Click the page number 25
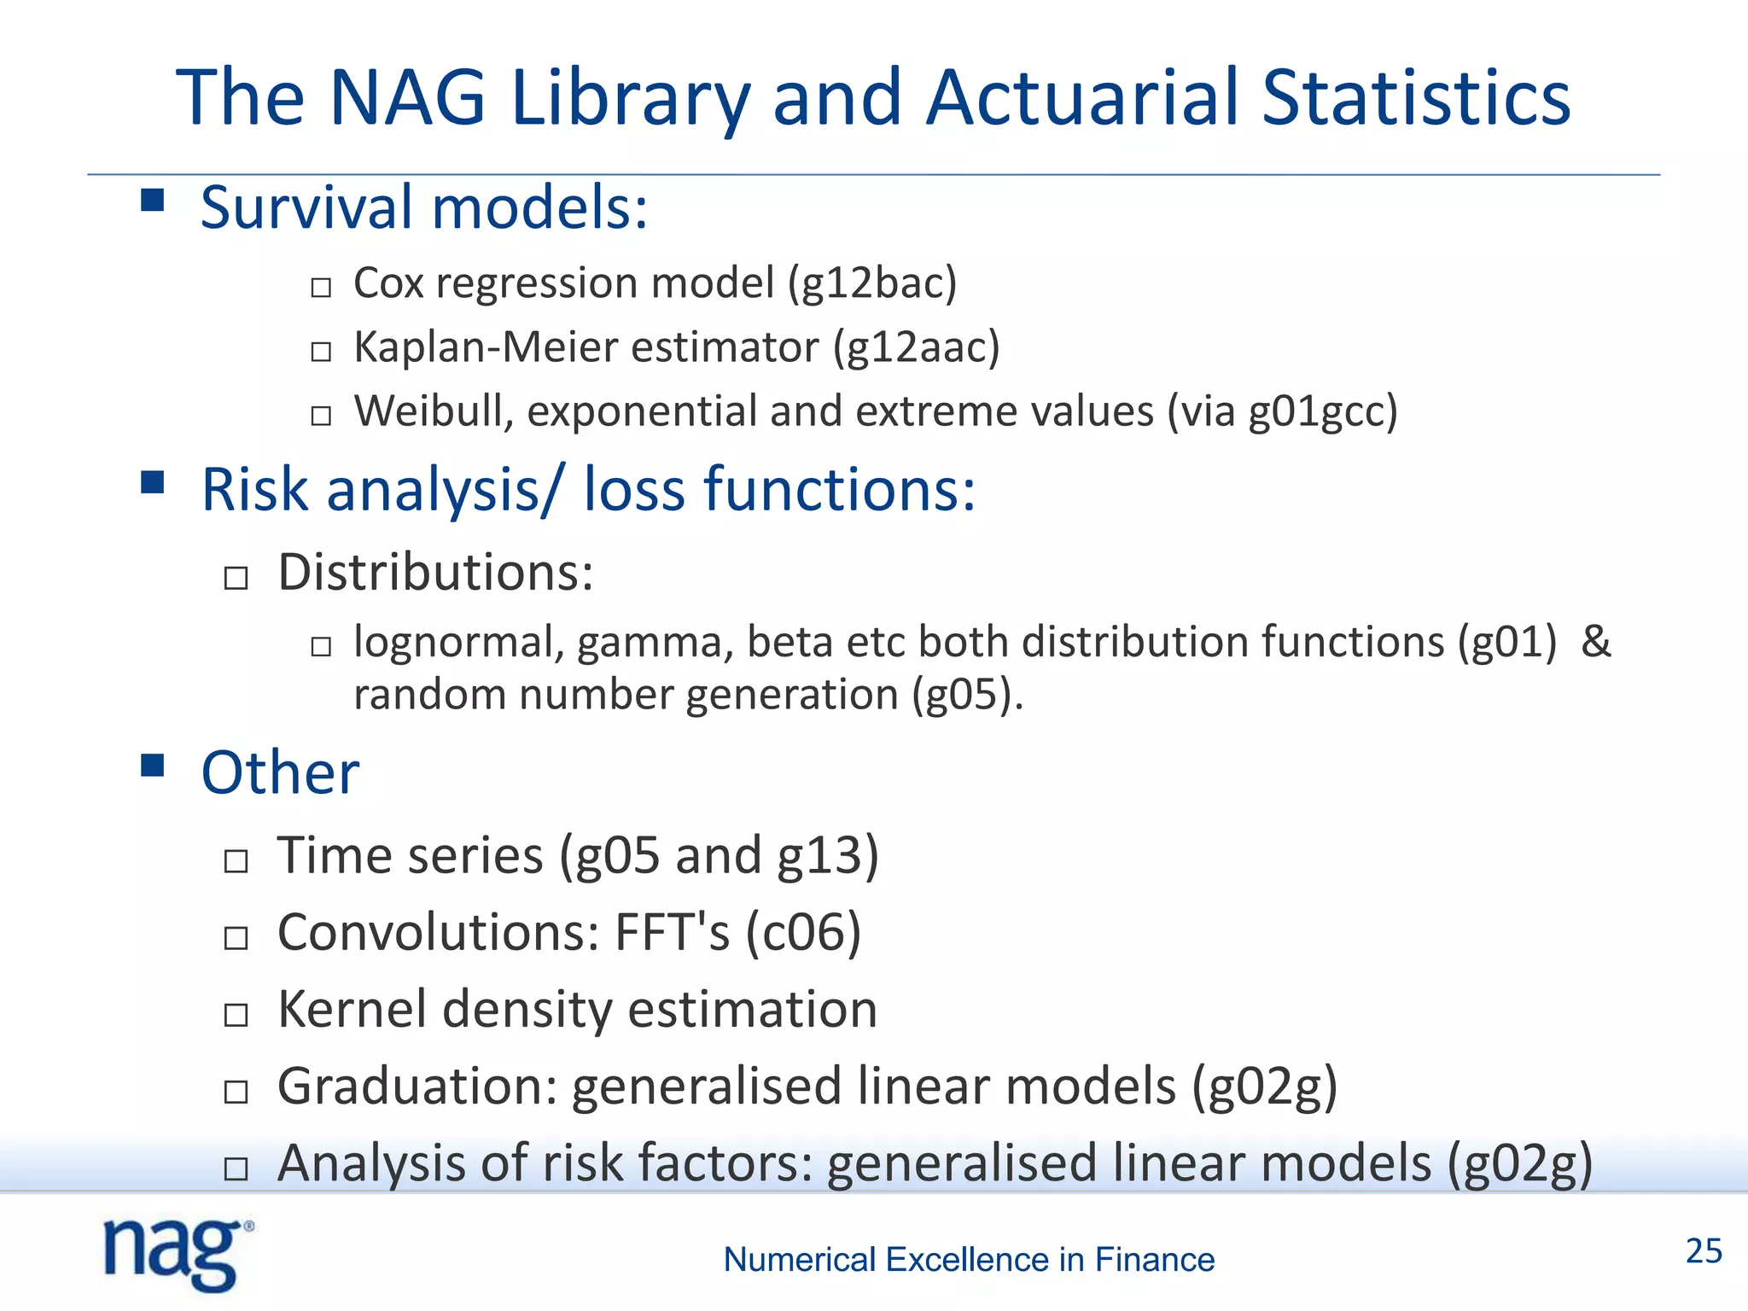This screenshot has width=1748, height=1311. [1703, 1251]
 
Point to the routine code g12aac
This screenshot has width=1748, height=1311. [916, 347]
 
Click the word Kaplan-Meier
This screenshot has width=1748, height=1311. [486, 347]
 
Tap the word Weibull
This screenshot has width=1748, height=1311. [434, 411]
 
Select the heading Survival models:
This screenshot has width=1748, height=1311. [424, 207]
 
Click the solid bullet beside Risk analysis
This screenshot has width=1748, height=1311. [153, 482]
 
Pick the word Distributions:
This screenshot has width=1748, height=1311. [435, 572]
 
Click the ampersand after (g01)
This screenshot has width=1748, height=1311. [1595, 642]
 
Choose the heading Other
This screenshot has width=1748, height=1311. [280, 772]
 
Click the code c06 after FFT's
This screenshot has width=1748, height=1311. [803, 932]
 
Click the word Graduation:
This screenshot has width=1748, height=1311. [417, 1087]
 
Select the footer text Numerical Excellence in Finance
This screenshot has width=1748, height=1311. [969, 1260]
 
